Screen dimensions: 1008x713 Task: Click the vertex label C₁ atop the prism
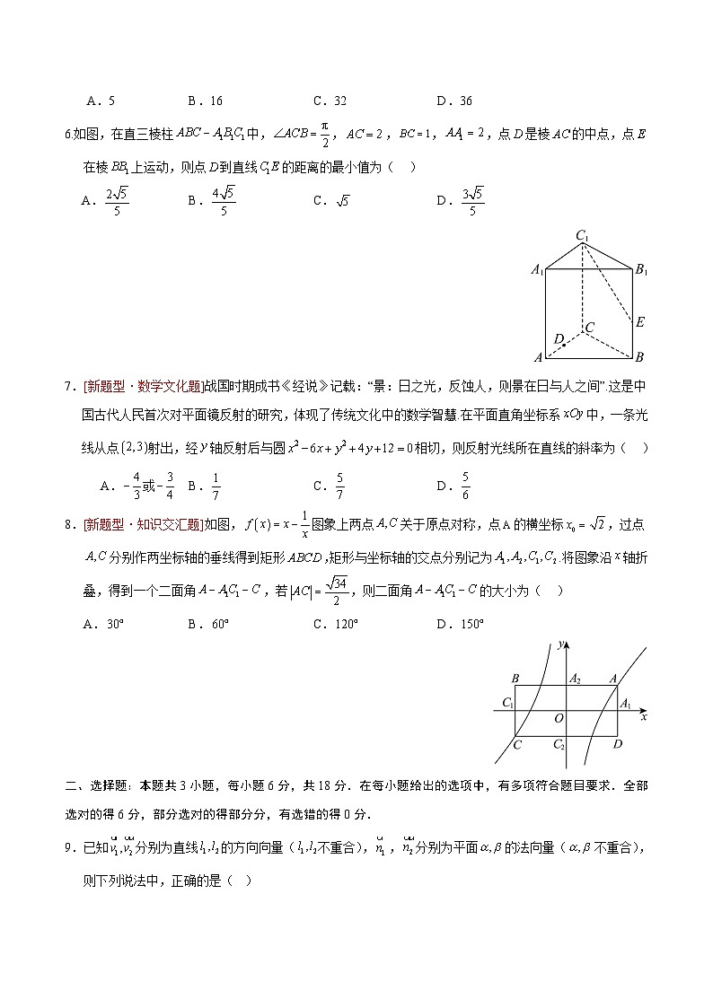584,237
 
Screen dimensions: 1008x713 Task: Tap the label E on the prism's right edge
640,321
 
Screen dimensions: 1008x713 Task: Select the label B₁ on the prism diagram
642,269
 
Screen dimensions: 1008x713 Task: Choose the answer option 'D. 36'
454,101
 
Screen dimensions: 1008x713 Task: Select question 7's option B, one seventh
206,486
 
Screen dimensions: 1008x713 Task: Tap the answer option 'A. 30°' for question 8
102,625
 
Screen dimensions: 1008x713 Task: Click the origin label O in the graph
559,718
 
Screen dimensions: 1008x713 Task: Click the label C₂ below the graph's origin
559,745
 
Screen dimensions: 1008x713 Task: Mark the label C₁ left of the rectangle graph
508,703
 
